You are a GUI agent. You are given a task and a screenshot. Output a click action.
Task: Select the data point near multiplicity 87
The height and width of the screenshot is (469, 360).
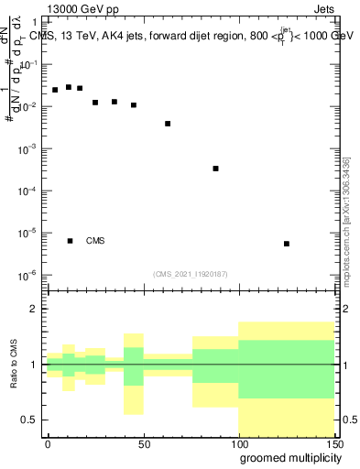pyautogui.click(x=215, y=169)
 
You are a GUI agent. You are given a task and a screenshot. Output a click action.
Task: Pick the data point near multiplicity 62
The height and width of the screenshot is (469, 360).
pyautogui.click(x=168, y=124)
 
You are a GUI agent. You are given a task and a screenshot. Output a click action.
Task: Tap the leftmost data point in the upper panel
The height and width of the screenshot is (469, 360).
pyautogui.click(x=55, y=90)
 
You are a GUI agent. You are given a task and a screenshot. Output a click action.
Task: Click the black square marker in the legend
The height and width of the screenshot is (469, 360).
pyautogui.click(x=71, y=241)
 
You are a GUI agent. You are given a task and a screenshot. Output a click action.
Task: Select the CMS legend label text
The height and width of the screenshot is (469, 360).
pyautogui.click(x=95, y=241)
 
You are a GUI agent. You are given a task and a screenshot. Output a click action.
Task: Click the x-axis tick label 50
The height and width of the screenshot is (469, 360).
pyautogui.click(x=144, y=443)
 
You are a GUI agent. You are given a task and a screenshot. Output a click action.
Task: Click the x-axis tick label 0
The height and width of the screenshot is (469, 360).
pyautogui.click(x=48, y=443)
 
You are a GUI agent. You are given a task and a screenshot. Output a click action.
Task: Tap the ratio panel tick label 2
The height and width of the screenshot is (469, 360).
pyautogui.click(x=34, y=309)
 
